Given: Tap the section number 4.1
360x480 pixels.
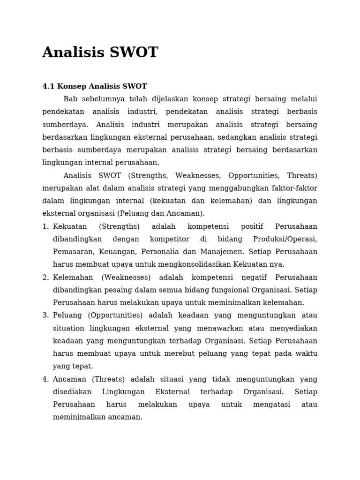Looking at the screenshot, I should coord(48,87).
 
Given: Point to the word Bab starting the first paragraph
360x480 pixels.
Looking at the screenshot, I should coord(70,99).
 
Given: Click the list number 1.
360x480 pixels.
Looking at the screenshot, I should coord(45,227).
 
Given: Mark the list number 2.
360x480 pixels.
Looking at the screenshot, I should coord(45,277).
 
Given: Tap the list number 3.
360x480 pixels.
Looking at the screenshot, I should coord(45,315).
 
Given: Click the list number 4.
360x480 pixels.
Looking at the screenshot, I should coord(45,379).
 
